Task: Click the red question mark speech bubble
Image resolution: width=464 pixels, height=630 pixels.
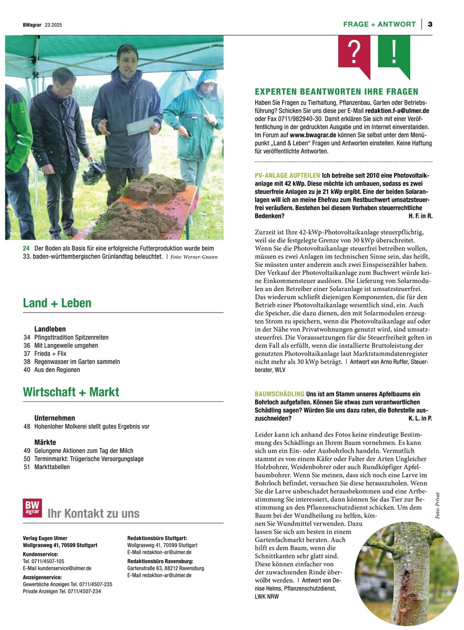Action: coord(354,53)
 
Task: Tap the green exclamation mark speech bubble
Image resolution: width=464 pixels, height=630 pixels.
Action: coord(394,53)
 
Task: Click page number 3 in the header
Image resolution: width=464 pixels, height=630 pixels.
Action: coord(430,24)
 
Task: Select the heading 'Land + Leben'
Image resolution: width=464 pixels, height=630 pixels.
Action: coord(57,303)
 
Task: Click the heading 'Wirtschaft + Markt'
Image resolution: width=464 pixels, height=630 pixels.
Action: coord(71,392)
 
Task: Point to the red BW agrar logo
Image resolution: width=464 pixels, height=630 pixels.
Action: coord(32,508)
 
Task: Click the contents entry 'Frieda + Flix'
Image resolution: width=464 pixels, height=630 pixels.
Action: coord(51,354)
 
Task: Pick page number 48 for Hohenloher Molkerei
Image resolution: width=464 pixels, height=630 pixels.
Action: coord(27,427)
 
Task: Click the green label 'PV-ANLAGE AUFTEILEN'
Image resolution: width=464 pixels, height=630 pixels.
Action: coord(287,174)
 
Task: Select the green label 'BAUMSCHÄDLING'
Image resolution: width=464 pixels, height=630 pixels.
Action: coord(279,394)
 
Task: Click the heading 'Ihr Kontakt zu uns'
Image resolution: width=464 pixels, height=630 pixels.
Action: coord(93,514)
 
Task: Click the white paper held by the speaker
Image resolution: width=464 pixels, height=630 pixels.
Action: coord(141,125)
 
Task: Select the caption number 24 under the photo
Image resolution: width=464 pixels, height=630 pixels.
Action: coord(26,248)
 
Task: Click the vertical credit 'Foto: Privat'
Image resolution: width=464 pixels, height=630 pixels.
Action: coord(437,505)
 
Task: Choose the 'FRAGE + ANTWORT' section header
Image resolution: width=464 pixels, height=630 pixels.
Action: coord(379,24)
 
